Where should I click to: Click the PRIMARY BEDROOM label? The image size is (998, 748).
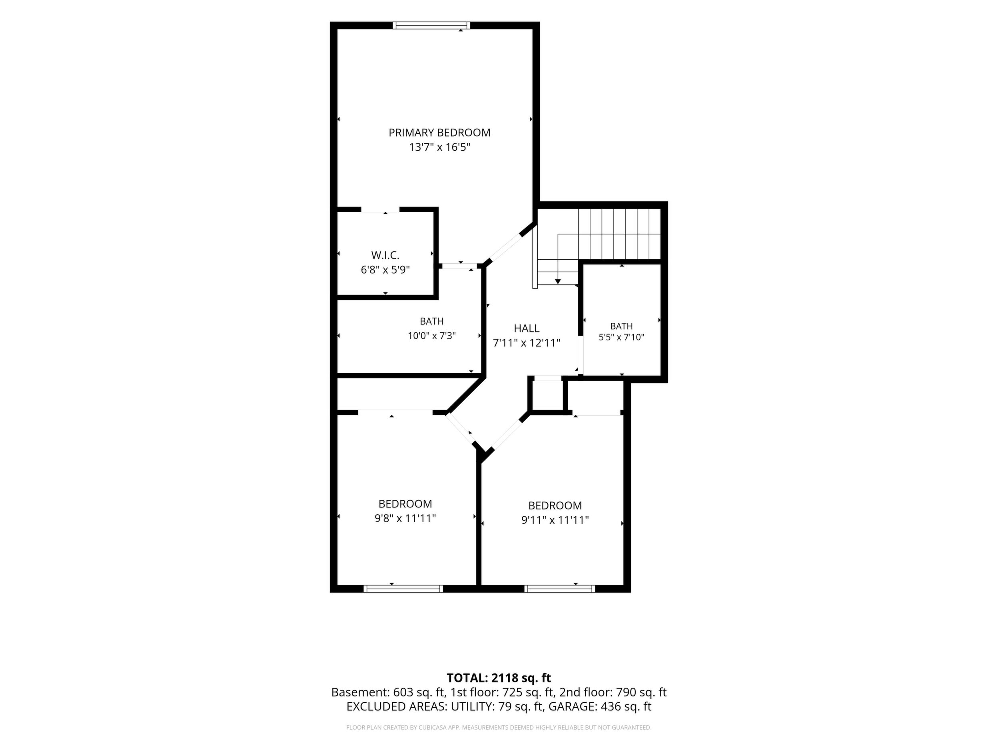[x=439, y=133]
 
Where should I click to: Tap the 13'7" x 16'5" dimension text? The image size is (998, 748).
[x=439, y=147]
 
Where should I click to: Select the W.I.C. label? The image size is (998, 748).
[x=385, y=255]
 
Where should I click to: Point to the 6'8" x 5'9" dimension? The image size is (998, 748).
[x=385, y=270]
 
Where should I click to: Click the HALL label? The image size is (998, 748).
[x=527, y=328]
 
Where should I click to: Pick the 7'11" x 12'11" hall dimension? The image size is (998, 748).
[x=527, y=343]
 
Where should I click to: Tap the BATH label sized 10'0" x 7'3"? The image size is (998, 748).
[x=432, y=321]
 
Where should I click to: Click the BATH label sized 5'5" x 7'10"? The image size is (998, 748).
[x=621, y=326]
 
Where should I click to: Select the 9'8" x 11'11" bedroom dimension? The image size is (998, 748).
[x=405, y=518]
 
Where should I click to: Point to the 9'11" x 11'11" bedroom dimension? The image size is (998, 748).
[x=555, y=520]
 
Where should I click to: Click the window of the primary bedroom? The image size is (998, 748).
[x=431, y=25]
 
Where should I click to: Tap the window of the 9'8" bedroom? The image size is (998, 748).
[x=403, y=589]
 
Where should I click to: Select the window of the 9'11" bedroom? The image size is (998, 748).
[x=559, y=589]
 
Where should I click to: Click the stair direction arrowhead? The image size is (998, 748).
[x=558, y=281]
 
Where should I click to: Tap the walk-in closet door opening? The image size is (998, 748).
[x=380, y=209]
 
